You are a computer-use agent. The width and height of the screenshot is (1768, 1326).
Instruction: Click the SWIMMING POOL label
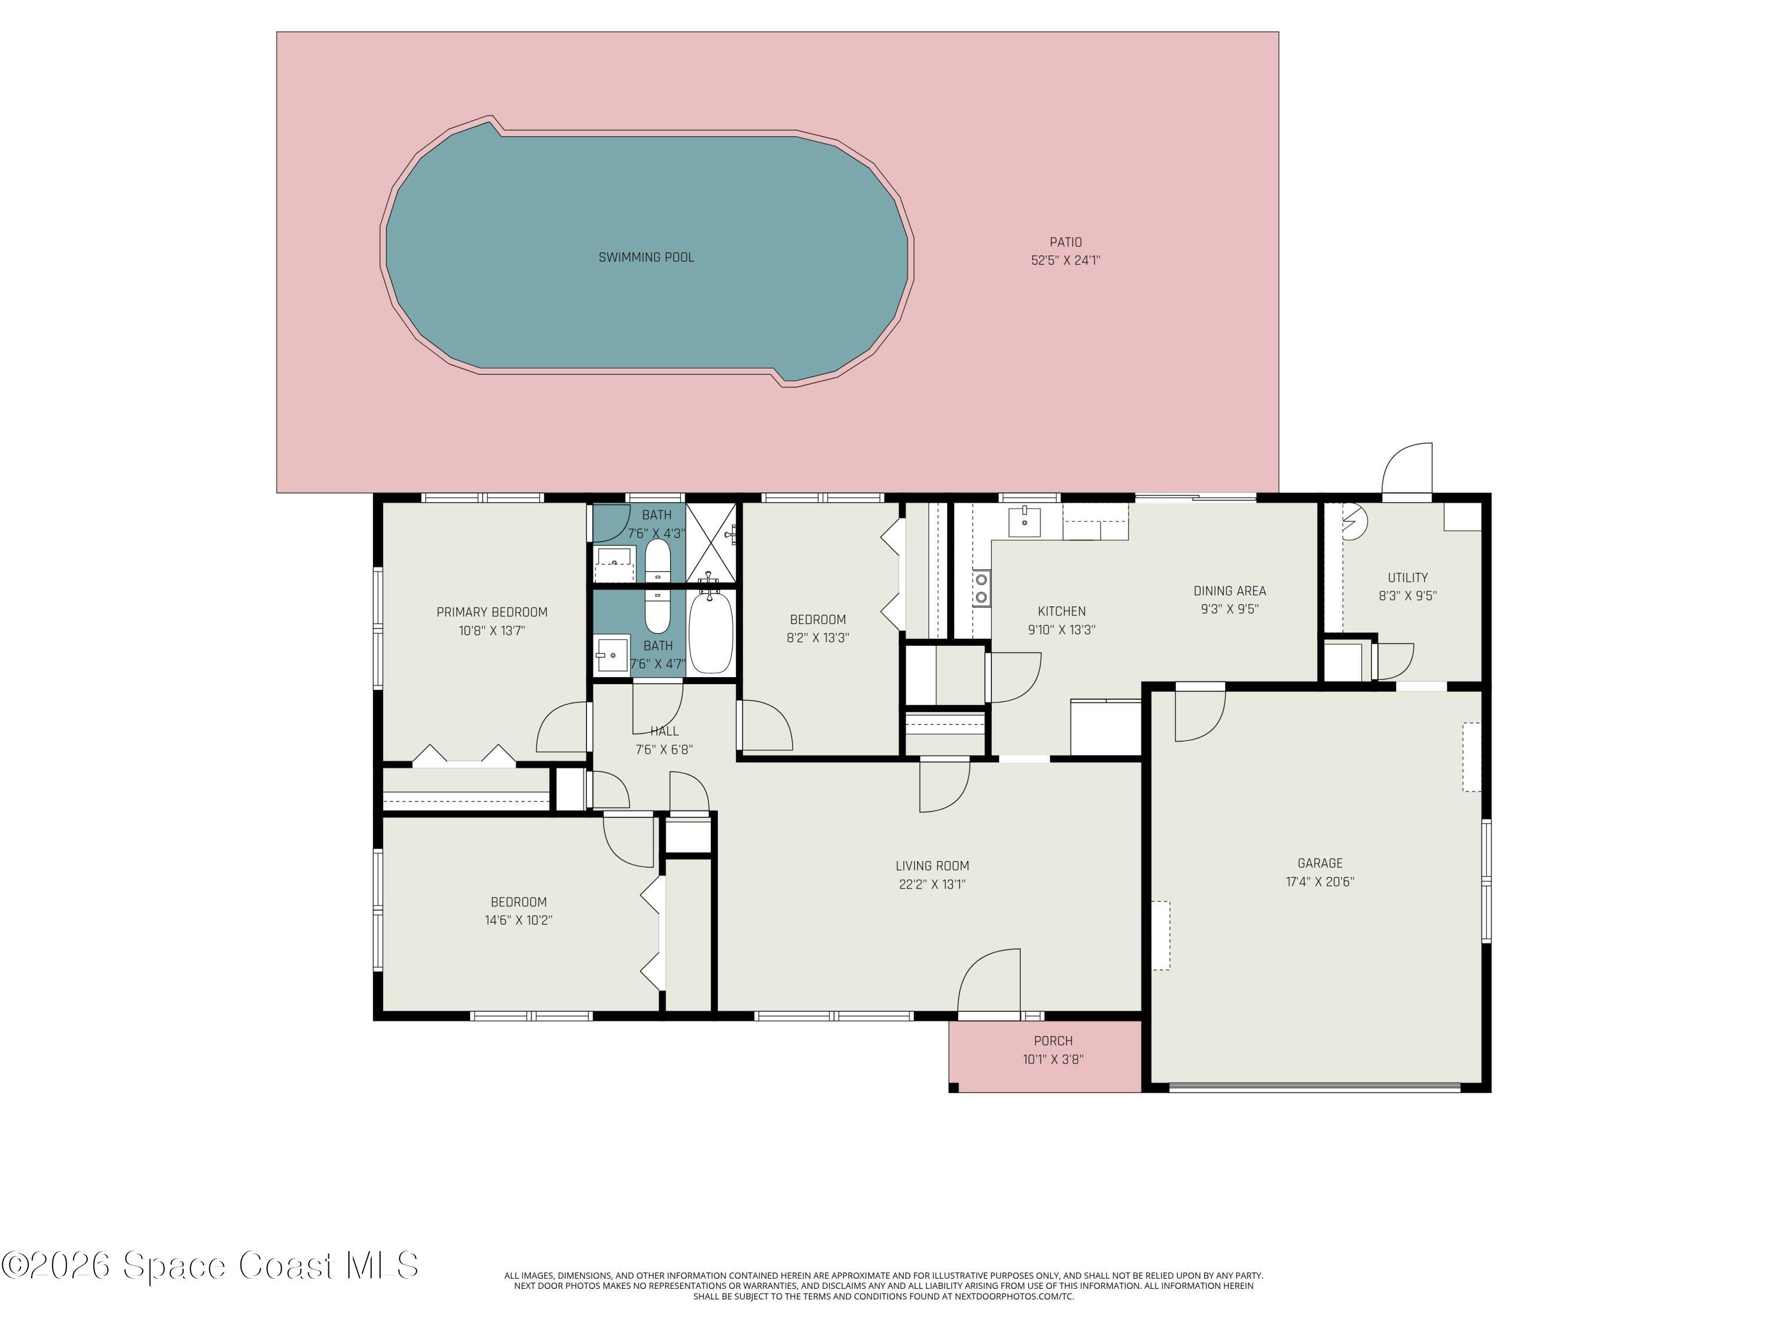[646, 258]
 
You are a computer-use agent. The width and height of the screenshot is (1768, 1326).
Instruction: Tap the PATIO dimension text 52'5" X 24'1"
[1066, 260]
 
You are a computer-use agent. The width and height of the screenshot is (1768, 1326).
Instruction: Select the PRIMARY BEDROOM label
[492, 612]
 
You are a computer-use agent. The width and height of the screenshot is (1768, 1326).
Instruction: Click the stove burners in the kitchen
[981, 588]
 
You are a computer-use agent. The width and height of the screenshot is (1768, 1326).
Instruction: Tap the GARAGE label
[1320, 863]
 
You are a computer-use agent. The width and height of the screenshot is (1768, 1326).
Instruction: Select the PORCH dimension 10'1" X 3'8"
[1053, 1060]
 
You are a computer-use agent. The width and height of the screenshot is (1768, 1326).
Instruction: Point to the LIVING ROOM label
[932, 866]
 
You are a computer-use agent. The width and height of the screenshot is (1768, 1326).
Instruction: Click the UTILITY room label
[1407, 577]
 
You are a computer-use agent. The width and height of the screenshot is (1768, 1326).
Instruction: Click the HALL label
[664, 731]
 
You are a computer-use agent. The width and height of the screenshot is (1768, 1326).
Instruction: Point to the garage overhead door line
[1314, 1086]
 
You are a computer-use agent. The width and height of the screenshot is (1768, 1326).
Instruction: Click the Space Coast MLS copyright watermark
[210, 1266]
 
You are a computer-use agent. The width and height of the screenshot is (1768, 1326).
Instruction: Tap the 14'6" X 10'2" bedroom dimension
[518, 920]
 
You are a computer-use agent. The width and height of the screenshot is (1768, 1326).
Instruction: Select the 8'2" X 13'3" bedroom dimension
[817, 638]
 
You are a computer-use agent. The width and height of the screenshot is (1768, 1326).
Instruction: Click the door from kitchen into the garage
[1199, 713]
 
